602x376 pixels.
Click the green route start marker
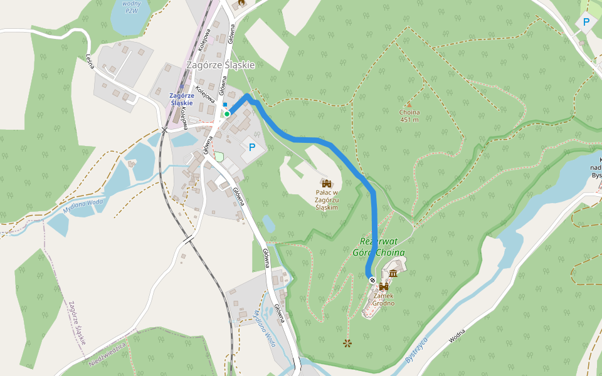(226, 114)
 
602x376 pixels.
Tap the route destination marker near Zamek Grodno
(372, 280)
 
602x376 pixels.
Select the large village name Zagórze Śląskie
(220, 65)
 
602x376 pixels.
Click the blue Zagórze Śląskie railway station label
(182, 98)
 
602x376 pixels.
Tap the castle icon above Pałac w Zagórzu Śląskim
(326, 183)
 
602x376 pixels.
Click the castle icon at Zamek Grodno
(383, 286)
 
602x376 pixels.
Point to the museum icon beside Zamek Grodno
(393, 273)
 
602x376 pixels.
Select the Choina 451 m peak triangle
(409, 105)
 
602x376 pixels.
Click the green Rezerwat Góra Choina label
(383, 247)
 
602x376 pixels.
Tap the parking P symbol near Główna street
(251, 148)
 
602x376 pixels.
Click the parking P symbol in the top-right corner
(586, 23)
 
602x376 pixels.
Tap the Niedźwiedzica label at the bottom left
(108, 355)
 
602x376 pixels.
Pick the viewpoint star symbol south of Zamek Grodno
(347, 343)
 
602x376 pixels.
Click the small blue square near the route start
(224, 105)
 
